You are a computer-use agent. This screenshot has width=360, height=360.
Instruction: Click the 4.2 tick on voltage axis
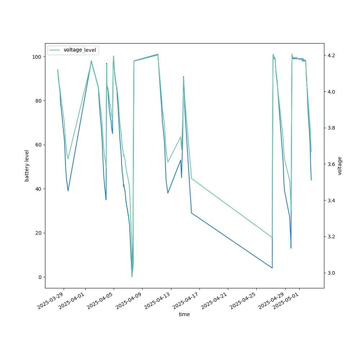pos(331,55)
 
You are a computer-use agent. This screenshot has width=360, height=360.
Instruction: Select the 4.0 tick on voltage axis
pos(331,92)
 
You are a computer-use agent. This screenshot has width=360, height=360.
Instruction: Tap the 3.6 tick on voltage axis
pos(331,164)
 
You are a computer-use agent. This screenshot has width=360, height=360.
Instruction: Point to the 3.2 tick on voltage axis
pos(331,237)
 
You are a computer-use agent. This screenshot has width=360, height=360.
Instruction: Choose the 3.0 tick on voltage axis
pos(331,273)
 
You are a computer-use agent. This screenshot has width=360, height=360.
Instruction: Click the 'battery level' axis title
pos(27,166)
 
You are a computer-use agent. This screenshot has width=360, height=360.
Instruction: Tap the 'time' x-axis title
pos(184,314)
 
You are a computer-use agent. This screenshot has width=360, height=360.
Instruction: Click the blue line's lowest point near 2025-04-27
pos(272,268)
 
